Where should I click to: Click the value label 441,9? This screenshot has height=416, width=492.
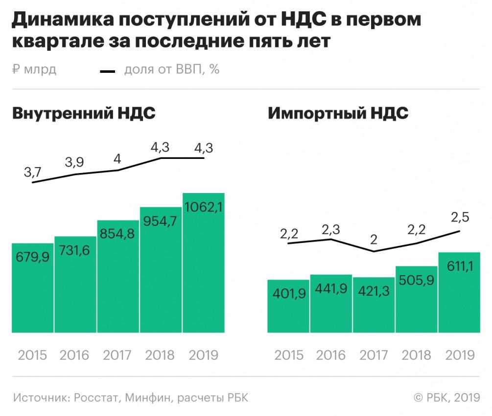coord(331,289)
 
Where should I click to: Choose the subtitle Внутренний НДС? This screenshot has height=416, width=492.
coord(84,113)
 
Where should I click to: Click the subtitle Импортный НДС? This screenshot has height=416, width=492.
coord(338,113)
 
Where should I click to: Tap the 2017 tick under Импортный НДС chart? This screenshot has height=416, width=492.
coord(374,354)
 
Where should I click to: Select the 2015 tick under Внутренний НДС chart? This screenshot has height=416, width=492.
coord(32,354)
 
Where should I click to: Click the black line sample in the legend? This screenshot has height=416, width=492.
coord(107,71)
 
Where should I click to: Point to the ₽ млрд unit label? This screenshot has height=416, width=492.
coord(34,69)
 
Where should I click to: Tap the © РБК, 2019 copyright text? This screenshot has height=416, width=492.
coord(447,397)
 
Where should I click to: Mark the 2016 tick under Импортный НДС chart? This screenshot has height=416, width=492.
coord(331,354)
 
